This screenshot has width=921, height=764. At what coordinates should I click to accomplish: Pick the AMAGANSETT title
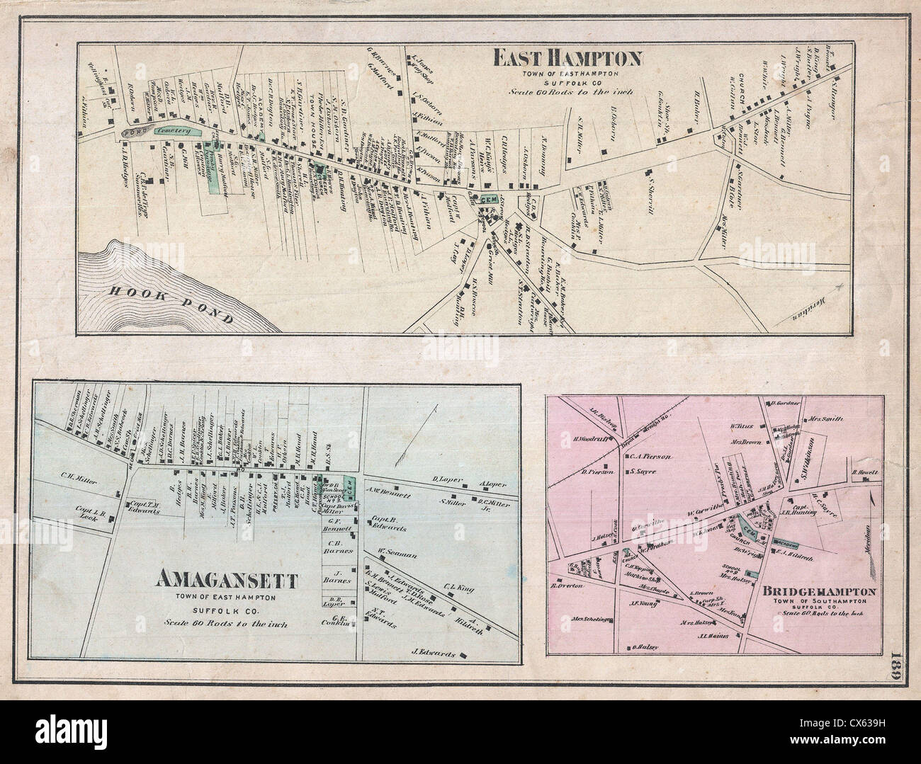(225, 581)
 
